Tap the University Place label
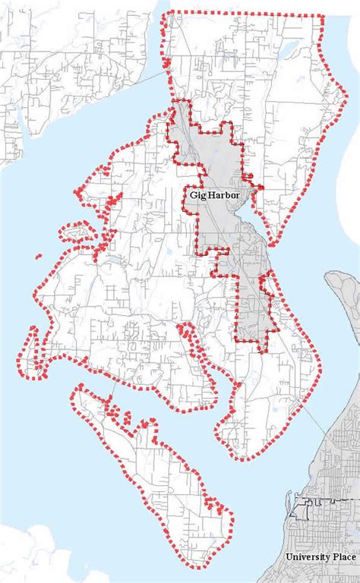click(x=319, y=557)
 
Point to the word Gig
click(x=196, y=194)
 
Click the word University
click(x=305, y=557)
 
